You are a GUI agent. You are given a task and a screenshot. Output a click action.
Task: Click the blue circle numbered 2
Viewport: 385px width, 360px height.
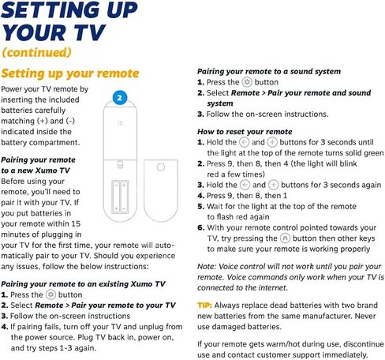click(x=120, y=98)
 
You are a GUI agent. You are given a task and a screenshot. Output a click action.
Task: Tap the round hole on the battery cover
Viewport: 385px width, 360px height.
click(x=161, y=167)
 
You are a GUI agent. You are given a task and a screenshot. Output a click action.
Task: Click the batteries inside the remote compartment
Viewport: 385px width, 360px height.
click(x=120, y=197)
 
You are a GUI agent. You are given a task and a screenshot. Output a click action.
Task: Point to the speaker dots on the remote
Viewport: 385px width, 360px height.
click(x=120, y=123)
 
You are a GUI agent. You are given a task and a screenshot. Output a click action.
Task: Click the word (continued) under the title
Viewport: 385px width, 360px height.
click(x=36, y=52)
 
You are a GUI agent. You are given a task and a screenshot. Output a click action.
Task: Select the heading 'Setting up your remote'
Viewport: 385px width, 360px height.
click(x=70, y=73)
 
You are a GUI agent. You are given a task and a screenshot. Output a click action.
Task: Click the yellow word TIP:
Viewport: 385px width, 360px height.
click(x=204, y=306)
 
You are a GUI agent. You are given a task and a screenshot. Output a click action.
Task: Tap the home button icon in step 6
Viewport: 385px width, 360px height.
click(x=285, y=238)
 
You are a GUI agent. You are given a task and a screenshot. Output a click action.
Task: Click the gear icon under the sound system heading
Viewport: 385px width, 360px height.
click(x=247, y=82)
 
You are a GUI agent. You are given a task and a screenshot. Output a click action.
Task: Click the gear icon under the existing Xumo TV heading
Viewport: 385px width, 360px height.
click(x=50, y=294)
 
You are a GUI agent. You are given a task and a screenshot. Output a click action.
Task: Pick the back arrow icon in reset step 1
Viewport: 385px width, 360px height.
click(x=244, y=142)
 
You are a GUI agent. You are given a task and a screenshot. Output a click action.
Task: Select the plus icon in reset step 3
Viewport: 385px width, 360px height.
click(x=273, y=185)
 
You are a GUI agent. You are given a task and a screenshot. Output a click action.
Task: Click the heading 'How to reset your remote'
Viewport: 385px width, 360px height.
click(x=245, y=132)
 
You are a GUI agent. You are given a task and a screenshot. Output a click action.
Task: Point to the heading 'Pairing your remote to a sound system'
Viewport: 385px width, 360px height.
click(x=269, y=71)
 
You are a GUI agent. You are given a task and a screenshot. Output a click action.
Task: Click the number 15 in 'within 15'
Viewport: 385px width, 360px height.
click(x=76, y=223)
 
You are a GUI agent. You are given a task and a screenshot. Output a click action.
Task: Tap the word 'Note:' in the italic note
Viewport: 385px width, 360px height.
click(x=207, y=266)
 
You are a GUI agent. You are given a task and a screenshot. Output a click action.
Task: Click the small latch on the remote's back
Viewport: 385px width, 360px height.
click(x=120, y=164)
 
